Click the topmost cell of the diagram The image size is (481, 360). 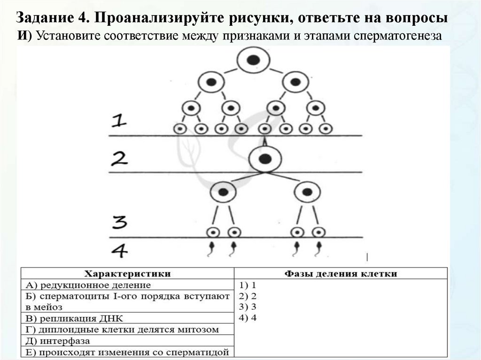253,61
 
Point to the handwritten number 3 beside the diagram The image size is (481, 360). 121,222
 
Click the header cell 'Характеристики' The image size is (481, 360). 127,273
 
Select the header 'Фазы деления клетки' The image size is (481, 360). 341,273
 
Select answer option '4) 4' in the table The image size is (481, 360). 248,318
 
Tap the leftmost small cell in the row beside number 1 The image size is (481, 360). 181,128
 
